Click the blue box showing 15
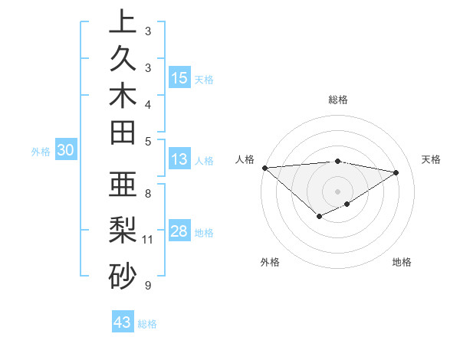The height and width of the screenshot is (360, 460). click(179, 77)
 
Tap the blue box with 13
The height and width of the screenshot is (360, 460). click(179, 159)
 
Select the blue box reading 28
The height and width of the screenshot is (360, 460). click(179, 231)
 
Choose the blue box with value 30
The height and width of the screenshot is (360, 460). click(66, 151)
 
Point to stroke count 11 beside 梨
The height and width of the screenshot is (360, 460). click(148, 240)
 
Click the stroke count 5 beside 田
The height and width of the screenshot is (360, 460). click(148, 141)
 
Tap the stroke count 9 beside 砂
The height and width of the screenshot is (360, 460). click(148, 286)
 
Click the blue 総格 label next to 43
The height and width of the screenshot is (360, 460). click(148, 324)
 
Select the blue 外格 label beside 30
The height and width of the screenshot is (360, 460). click(41, 152)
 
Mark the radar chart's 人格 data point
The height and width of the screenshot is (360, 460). click(264, 167)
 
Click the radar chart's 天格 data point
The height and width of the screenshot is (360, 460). click(396, 172)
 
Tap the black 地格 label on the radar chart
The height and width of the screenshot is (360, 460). click(402, 263)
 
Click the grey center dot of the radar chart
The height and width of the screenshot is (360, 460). click(337, 191)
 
